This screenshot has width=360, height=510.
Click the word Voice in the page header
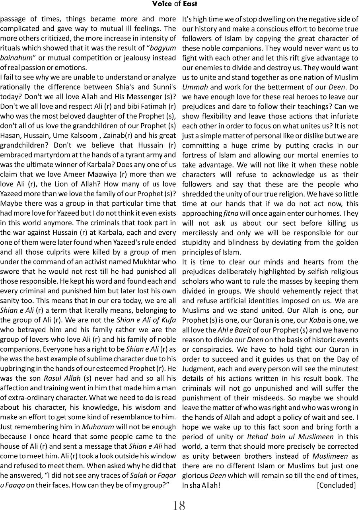(160, 4)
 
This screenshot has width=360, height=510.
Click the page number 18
(179, 505)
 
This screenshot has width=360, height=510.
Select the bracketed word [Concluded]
(336, 485)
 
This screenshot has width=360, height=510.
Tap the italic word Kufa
(166, 320)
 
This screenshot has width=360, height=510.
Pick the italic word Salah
(140, 475)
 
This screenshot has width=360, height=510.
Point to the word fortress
(195, 155)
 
